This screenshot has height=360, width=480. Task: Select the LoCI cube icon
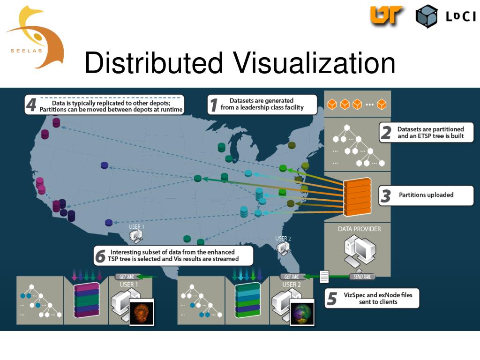(x=426, y=16)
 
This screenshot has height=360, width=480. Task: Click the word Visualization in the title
(x=314, y=63)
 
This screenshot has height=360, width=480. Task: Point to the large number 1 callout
(x=213, y=104)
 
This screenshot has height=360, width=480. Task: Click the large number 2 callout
(x=386, y=133)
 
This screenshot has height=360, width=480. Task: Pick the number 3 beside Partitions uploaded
(x=385, y=195)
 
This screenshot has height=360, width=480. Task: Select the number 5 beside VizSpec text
(x=332, y=299)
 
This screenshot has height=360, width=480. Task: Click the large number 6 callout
(x=100, y=256)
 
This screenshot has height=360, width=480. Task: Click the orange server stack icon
(x=357, y=197)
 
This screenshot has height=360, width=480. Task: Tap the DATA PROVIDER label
(x=359, y=229)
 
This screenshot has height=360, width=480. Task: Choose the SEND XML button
(x=362, y=277)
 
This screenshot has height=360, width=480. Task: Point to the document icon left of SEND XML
(x=324, y=277)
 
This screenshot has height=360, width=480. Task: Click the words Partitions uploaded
(x=426, y=195)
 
